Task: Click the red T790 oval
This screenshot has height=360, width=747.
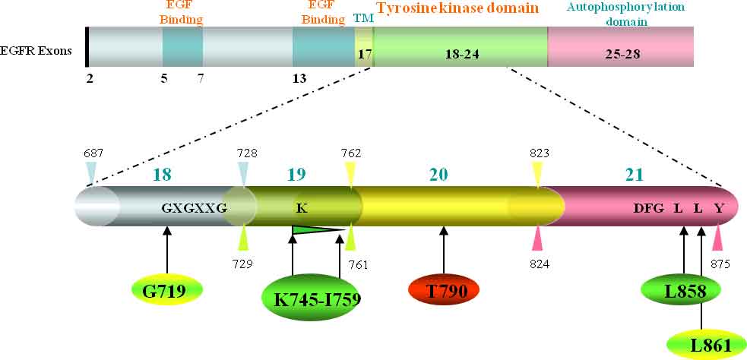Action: point(444,290)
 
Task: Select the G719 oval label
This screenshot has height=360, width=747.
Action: point(166,290)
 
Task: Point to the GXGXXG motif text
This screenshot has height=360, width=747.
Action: point(195,207)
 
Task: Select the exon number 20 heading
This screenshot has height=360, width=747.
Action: point(438,174)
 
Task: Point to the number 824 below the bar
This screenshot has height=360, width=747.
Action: point(539,264)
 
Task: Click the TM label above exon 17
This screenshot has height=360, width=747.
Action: point(363,18)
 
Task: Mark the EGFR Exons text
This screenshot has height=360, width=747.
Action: point(36,51)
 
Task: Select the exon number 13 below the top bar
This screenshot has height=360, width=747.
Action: point(299,77)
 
